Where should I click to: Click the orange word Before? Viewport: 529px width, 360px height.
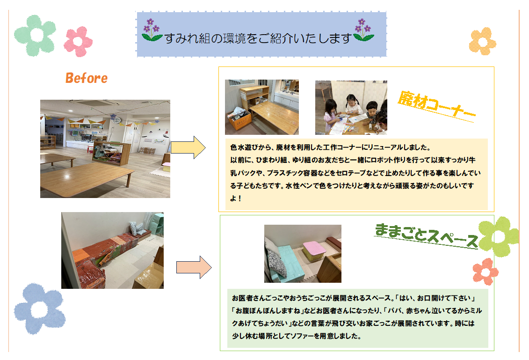tap(87, 78)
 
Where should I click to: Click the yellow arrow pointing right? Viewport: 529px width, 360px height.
tap(188, 147)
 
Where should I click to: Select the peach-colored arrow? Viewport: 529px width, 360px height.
tap(194, 267)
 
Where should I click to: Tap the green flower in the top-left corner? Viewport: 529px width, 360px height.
tap(35, 35)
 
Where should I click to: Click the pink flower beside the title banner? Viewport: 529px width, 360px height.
tap(78, 41)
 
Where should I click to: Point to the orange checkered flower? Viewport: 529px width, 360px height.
tap(482, 41)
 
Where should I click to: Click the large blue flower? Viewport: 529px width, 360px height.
tap(39, 309)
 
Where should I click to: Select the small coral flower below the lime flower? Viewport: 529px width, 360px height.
tap(485, 272)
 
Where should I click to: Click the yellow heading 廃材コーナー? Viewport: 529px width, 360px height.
tap(436, 106)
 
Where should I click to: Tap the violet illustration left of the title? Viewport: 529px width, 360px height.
tap(152, 30)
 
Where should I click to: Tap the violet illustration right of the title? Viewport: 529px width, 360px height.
tap(363, 30)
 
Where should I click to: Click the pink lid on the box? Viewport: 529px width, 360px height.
tap(314, 247)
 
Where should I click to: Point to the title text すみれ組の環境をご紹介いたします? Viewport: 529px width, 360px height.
tap(258, 38)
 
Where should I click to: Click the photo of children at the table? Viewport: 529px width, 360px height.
tap(351, 107)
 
